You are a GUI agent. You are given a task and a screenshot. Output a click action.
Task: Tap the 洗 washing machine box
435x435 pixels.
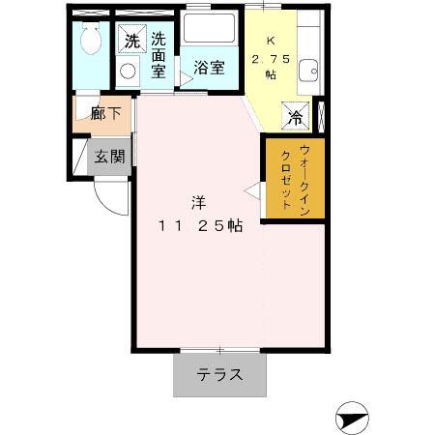[x=130, y=42]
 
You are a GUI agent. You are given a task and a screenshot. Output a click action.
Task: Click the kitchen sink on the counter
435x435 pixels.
[x=308, y=70]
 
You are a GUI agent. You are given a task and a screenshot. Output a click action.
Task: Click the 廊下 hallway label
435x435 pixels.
[x=105, y=114]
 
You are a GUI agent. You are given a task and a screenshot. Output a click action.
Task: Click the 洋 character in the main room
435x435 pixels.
[x=198, y=203]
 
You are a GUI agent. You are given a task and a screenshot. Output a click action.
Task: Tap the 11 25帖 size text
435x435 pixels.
[x=200, y=225]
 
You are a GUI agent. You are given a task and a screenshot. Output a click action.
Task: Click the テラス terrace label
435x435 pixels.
[x=219, y=376]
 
